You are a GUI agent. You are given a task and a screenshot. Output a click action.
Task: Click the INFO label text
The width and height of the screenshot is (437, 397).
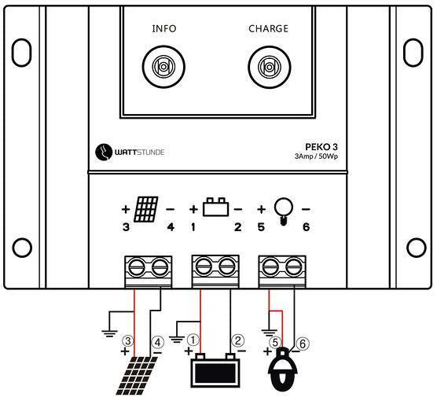click(164, 29)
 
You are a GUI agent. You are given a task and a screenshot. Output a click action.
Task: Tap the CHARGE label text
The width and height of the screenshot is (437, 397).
click(268, 29)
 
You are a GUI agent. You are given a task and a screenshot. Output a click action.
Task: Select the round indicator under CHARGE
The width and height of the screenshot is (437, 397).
click(270, 67)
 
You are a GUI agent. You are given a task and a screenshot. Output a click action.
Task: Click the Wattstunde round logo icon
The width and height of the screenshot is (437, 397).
click(104, 153)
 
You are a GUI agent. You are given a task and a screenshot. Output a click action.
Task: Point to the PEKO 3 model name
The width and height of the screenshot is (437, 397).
click(321, 147)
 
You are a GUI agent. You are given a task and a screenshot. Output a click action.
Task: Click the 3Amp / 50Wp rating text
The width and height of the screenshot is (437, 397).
click(316, 156)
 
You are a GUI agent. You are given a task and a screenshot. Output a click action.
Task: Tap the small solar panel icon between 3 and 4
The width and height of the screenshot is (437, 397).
click(146, 209)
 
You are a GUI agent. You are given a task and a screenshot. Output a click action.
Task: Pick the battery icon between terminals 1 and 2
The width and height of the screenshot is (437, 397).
click(215, 207)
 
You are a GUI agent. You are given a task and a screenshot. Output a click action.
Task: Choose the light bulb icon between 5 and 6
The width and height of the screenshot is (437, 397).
click(284, 211)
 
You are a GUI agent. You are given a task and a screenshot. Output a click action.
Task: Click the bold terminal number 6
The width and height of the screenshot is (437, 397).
click(306, 227)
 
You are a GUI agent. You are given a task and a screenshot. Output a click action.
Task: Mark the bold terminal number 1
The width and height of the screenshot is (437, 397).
click(193, 227)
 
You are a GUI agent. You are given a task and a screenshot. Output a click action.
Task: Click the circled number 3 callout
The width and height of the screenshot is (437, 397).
click(127, 341)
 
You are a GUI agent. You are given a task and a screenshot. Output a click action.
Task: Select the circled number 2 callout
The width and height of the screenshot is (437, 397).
click(237, 340)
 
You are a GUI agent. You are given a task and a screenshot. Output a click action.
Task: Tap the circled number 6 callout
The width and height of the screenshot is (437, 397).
click(303, 344)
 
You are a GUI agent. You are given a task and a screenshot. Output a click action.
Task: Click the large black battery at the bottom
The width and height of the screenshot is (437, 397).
click(215, 370)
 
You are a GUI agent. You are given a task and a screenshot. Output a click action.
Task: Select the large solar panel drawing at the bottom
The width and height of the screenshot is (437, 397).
click(137, 376)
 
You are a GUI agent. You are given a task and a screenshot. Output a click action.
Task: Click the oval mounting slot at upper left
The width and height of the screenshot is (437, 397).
click(21, 53)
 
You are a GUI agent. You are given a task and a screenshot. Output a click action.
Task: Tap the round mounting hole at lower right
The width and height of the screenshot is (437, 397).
click(416, 248)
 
